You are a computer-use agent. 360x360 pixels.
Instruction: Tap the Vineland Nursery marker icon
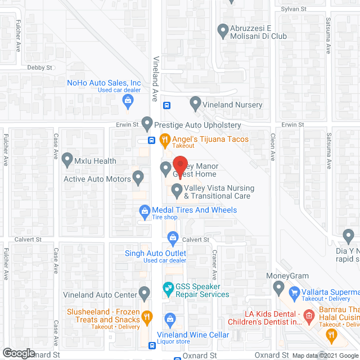coord(195,103)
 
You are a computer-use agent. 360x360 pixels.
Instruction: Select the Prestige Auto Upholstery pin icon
coord(147,122)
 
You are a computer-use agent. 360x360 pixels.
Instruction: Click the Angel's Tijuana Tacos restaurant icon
coord(165,141)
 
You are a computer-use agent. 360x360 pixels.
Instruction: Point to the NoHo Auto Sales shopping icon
coord(128,101)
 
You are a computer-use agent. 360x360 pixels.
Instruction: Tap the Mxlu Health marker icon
coord(67,160)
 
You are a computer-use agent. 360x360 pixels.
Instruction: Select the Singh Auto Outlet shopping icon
coord(173,238)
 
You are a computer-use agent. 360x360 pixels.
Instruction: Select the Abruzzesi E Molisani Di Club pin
coord(223,29)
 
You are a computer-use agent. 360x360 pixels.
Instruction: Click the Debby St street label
coord(39,67)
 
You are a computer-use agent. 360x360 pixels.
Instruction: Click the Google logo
coord(18,353)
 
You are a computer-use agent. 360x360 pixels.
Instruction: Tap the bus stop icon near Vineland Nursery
coord(167,105)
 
